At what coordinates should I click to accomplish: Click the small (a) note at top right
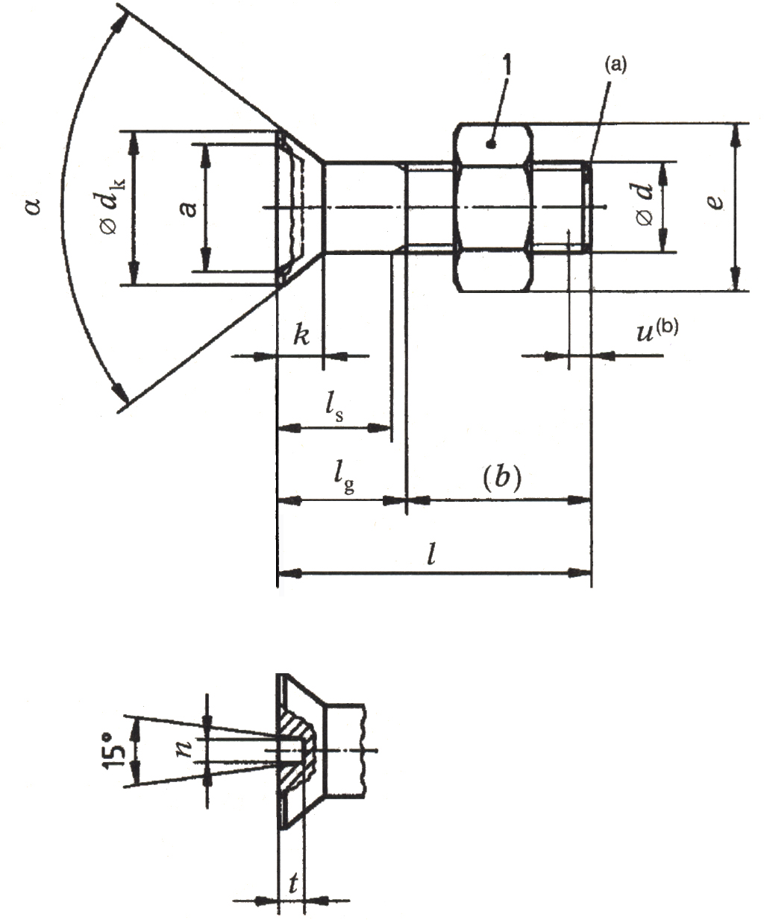click(x=616, y=66)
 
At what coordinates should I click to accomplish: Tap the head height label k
click(x=301, y=335)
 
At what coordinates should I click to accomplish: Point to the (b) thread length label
click(x=499, y=477)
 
